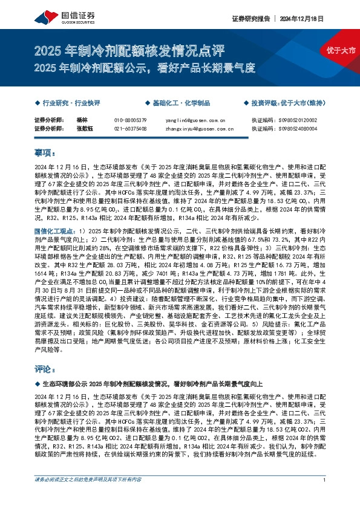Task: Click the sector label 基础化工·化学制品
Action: point(183,103)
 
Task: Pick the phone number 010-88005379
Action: point(130,120)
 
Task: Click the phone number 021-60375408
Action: point(130,128)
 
